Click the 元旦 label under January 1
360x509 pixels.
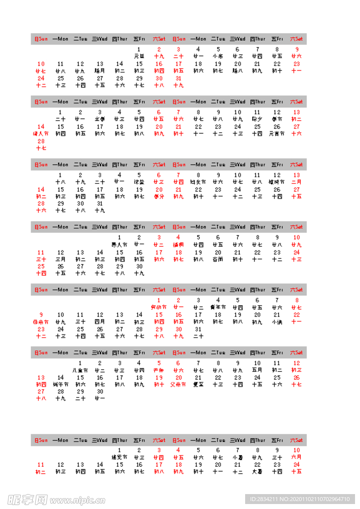click(x=139, y=56)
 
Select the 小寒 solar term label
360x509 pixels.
click(x=218, y=56)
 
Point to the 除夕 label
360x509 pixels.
click(x=257, y=119)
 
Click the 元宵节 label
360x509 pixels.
click(x=277, y=134)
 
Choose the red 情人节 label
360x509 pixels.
click(x=41, y=134)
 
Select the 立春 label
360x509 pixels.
click(x=100, y=119)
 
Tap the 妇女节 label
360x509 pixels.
click(x=198, y=182)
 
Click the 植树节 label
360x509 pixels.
click(x=277, y=182)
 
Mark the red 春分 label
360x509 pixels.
click(x=159, y=196)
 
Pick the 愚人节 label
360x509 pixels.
click(x=119, y=245)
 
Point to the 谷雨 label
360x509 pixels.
click(x=218, y=259)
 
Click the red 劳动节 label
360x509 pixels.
click(x=159, y=307)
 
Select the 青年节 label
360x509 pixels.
click(x=218, y=307)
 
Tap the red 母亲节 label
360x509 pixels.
click(x=41, y=322)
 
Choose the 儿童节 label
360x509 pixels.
click(x=80, y=370)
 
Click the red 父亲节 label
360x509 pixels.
click(x=178, y=385)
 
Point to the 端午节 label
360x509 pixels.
click(x=61, y=385)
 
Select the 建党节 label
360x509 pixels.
click(x=119, y=457)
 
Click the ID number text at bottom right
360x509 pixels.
click(x=301, y=499)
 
